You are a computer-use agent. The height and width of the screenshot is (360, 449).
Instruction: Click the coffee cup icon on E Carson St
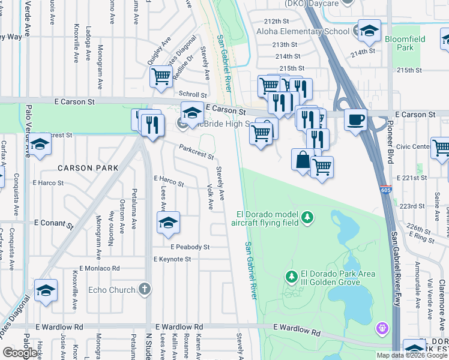pos(355,120)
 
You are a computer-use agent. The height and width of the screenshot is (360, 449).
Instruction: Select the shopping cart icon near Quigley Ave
pos(161,77)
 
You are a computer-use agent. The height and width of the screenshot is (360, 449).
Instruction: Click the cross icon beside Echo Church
pos(143,289)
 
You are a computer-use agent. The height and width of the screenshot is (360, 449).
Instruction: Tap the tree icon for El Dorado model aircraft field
pos(307,217)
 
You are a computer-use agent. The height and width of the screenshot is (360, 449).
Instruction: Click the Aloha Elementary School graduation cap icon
pos(369,30)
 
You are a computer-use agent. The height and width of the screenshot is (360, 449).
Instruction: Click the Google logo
pos(20,353)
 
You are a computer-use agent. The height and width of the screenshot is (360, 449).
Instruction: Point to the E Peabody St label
pos(190,247)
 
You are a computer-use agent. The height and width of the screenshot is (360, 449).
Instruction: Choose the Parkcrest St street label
pos(196,151)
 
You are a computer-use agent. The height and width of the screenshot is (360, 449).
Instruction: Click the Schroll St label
pos(192,94)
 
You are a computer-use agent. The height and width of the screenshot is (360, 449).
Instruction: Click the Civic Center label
pos(413,146)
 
